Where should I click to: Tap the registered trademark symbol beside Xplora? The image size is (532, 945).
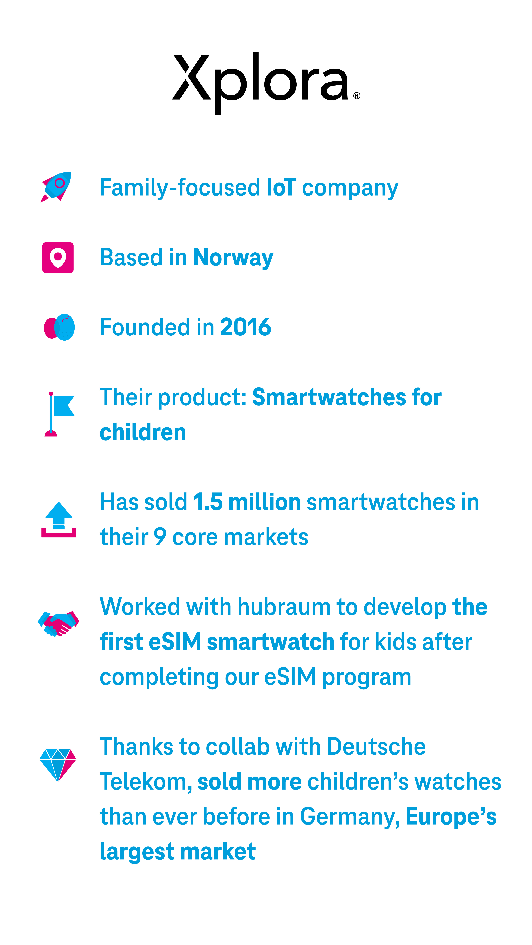[356, 96]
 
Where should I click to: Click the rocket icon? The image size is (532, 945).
[56, 187]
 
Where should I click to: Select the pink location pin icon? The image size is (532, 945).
[58, 258]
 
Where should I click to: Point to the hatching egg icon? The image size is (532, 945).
[59, 327]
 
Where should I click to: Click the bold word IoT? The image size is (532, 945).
[281, 187]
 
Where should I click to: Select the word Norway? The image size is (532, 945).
[233, 258]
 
